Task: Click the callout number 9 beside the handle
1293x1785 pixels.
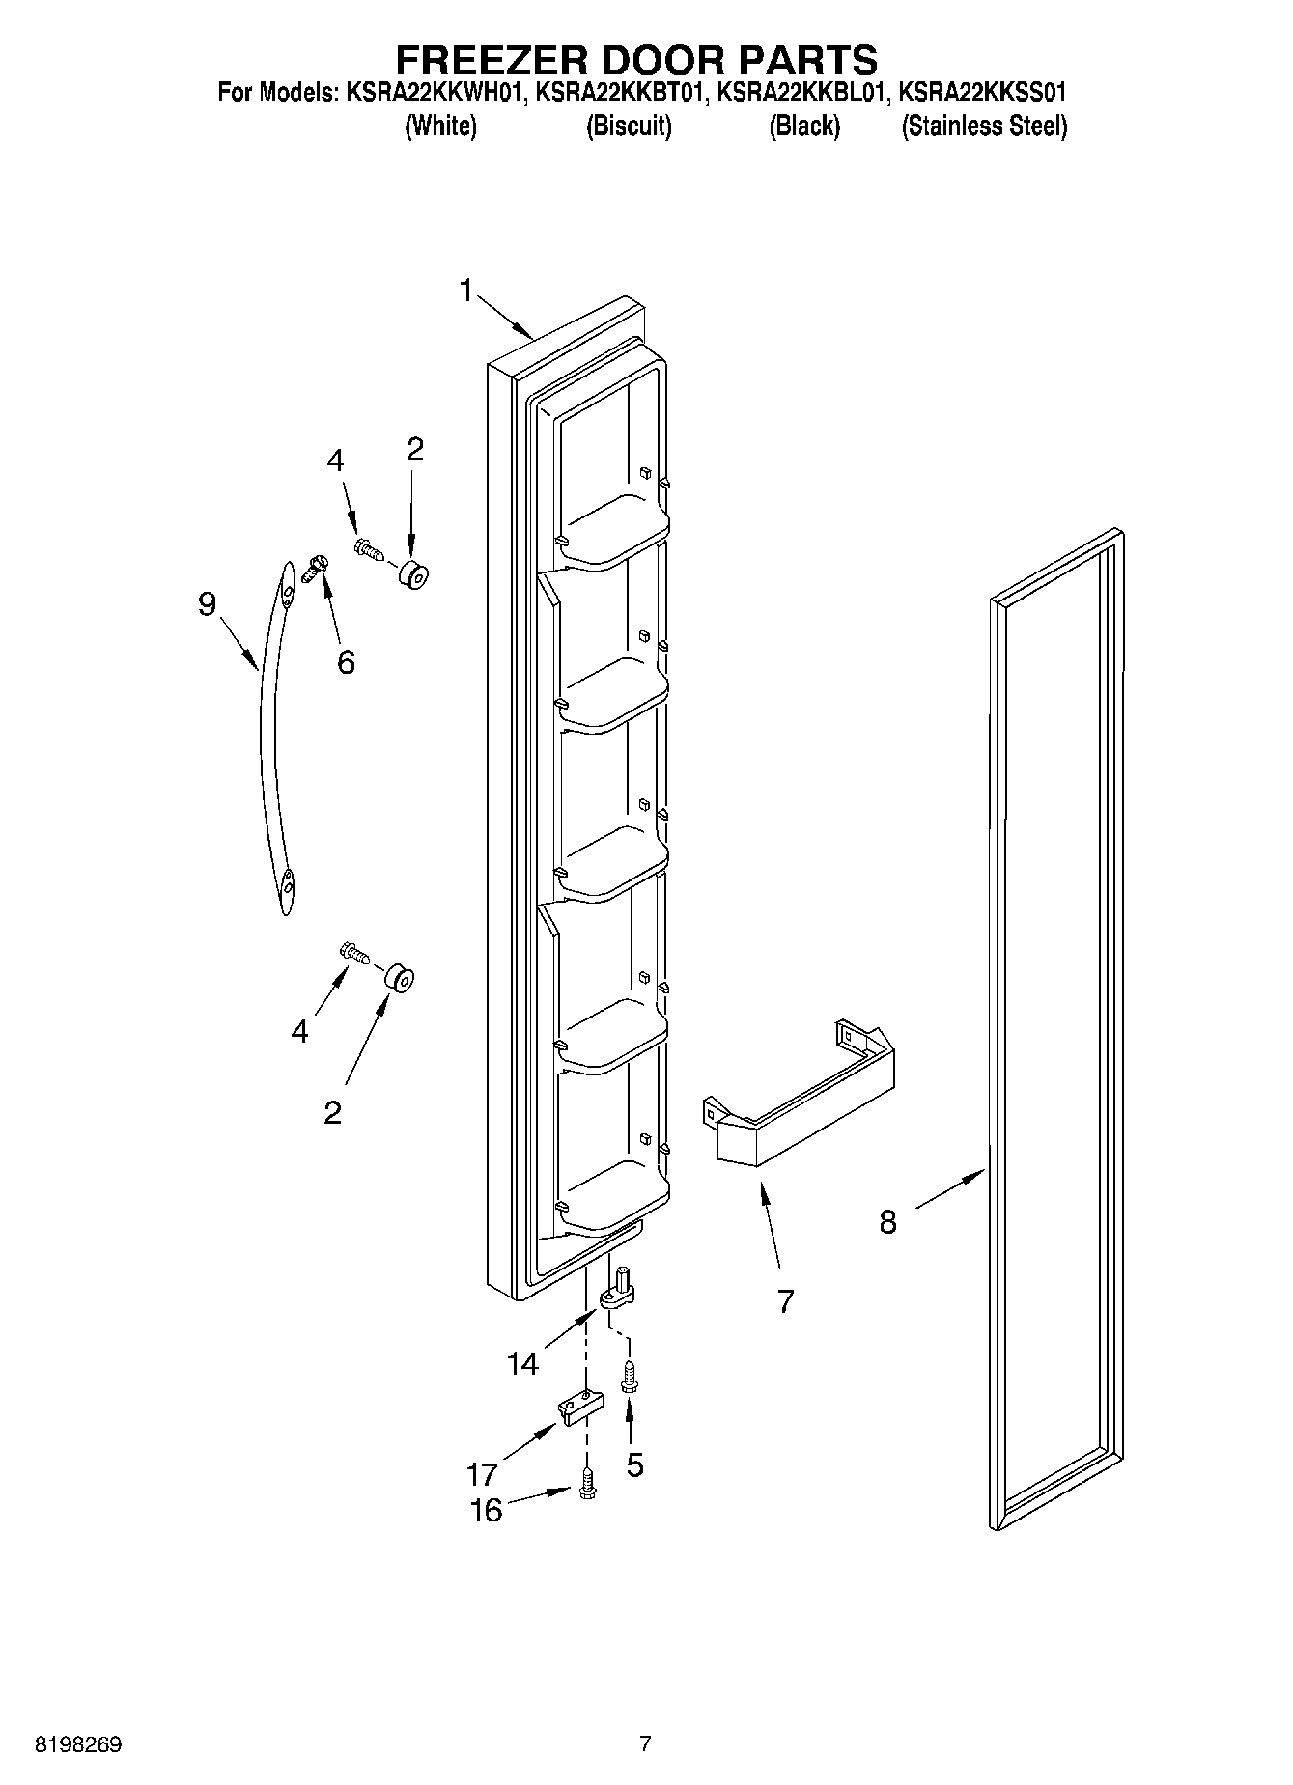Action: pos(207,604)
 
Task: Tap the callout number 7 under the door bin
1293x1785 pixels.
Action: pos(785,1301)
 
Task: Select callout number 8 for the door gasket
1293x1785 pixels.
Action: pos(888,1222)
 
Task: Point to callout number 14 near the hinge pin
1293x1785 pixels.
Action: pos(522,1363)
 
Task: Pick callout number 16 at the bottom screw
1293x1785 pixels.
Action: pos(486,1510)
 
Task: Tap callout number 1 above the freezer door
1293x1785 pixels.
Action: pos(466,290)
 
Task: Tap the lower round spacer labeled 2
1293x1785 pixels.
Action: pos(399,977)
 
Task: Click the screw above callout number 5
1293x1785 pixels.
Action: pos(629,1375)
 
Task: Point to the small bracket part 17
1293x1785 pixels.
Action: pos(576,1407)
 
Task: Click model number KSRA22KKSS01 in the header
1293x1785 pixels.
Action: pos(982,93)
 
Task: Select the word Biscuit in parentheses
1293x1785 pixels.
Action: pos(629,126)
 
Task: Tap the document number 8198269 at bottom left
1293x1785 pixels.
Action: pos(78,1744)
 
